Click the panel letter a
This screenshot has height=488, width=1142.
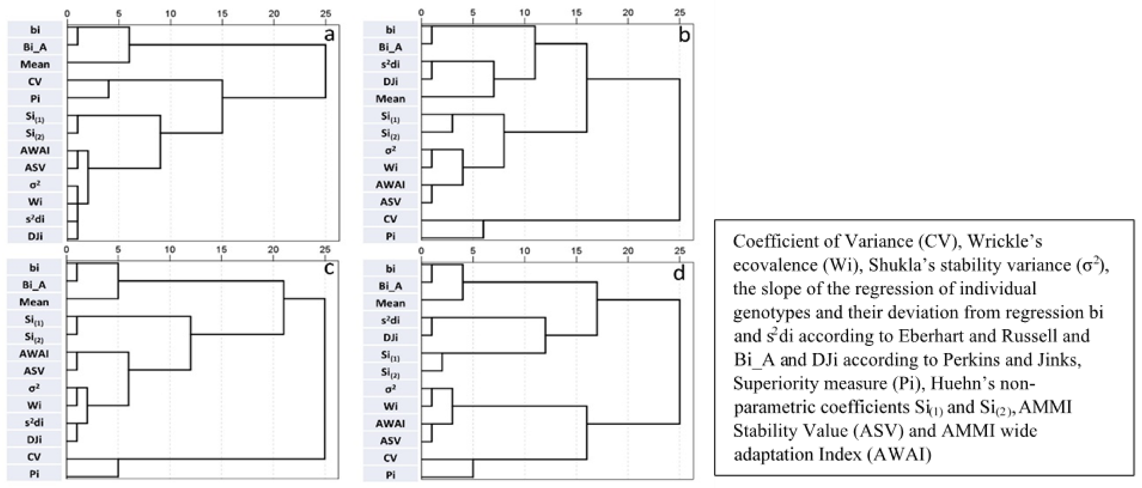coord(329,35)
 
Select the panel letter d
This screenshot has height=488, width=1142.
coord(679,273)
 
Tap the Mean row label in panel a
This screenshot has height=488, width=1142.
coord(35,64)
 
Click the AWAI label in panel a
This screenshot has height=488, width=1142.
coord(35,150)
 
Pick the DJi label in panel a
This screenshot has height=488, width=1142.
coord(35,236)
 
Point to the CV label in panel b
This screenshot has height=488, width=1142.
coord(391,219)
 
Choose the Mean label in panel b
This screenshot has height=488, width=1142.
coord(391,99)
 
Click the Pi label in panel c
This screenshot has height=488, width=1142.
coord(34,474)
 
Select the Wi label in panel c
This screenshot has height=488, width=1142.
coord(34,405)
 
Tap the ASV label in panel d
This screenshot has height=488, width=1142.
coord(391,441)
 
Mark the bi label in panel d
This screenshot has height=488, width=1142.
coord(391,269)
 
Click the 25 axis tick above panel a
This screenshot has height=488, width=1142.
coord(325,13)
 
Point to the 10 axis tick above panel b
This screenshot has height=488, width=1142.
coord(525,12)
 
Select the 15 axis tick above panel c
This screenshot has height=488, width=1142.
coord(222,249)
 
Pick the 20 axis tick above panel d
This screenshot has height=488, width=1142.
coord(628,250)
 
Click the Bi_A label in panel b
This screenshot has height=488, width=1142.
coord(391,47)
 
